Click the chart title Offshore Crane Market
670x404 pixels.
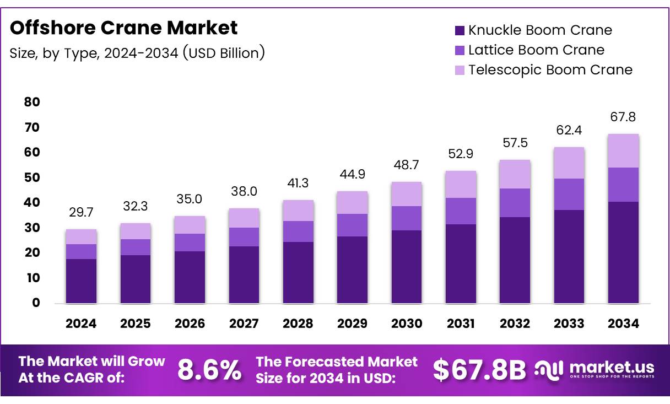(x=123, y=28)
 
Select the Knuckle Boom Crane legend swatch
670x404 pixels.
(x=460, y=30)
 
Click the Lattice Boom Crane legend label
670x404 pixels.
(x=536, y=50)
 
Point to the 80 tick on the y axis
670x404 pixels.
(x=32, y=102)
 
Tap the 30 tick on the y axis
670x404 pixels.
(x=32, y=228)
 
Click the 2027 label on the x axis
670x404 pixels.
(x=244, y=324)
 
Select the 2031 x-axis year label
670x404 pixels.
(x=460, y=324)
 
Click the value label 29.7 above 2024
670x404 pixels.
(x=81, y=212)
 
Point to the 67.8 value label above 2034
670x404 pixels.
(x=623, y=117)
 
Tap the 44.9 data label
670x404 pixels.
(x=352, y=175)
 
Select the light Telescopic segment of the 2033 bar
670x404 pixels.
(x=569, y=163)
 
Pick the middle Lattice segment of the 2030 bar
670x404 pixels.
(x=406, y=218)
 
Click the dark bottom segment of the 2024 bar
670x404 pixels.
(x=81, y=281)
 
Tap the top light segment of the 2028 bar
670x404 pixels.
(x=298, y=211)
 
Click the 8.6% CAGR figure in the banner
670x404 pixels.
(x=209, y=370)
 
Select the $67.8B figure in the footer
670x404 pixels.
(x=479, y=370)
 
